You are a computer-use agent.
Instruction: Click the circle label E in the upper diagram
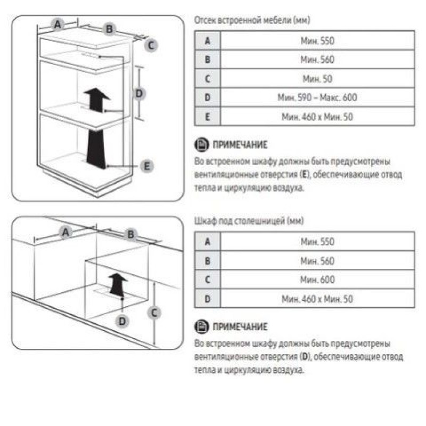point(147,166)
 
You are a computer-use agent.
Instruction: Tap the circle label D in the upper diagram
point(140,93)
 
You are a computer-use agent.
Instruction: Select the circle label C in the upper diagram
point(151,45)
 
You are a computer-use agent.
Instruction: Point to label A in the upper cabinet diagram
point(58,24)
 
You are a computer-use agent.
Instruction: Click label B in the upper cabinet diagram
point(109,29)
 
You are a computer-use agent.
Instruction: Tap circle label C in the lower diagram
point(154,313)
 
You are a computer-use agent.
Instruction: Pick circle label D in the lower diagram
point(122,322)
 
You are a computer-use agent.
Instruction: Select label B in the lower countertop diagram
point(131,234)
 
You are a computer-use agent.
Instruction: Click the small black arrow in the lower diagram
point(117,285)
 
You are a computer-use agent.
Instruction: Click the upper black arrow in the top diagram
point(96,100)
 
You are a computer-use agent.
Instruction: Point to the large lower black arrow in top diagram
point(96,149)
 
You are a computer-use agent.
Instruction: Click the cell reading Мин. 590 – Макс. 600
point(317,97)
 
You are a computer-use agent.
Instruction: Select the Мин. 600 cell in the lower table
point(317,280)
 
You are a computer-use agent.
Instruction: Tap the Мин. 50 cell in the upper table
point(317,79)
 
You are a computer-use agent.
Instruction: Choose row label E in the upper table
point(208,117)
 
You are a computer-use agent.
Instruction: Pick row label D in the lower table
point(208,299)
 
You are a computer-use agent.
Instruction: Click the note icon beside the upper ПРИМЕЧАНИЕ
point(202,144)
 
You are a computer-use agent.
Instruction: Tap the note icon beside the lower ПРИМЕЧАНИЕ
point(202,326)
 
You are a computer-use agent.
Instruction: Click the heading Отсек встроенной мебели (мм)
point(252,20)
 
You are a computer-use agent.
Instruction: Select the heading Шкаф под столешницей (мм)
point(249,221)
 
